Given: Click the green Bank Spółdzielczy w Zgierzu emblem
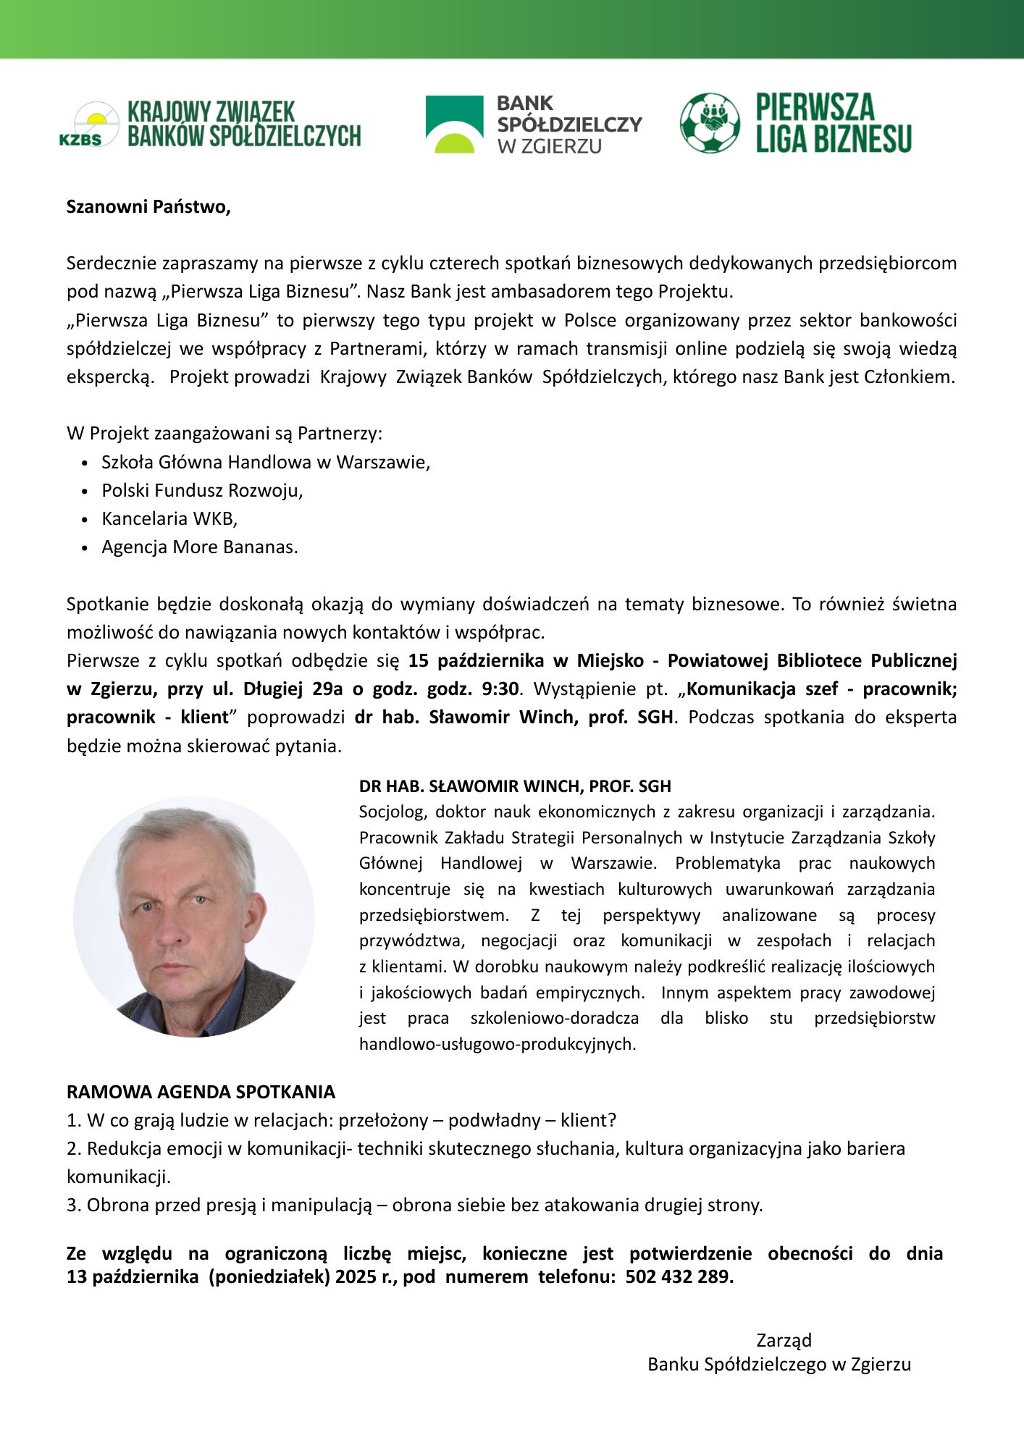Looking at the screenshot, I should (454, 124).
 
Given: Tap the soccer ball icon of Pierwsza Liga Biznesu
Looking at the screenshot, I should (710, 123).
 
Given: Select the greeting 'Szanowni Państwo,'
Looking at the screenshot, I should (148, 207).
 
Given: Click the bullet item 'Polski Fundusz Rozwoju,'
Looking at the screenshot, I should (202, 491).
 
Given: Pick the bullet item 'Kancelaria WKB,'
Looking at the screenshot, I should (169, 519).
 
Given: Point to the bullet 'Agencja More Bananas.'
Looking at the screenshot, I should (200, 547).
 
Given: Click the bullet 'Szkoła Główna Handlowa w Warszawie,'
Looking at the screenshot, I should (266, 463).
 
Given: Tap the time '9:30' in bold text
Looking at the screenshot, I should (500, 689).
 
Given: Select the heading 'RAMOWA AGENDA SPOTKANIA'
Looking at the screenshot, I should (201, 1093).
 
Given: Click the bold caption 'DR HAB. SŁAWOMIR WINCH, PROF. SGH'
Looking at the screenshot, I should (515, 786).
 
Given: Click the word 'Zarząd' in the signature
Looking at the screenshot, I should (784, 1340).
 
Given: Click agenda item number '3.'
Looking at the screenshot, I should (75, 1205).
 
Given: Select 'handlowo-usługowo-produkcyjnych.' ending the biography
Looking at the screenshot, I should (498, 1045).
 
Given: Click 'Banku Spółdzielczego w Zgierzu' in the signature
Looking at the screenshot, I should (779, 1365).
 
